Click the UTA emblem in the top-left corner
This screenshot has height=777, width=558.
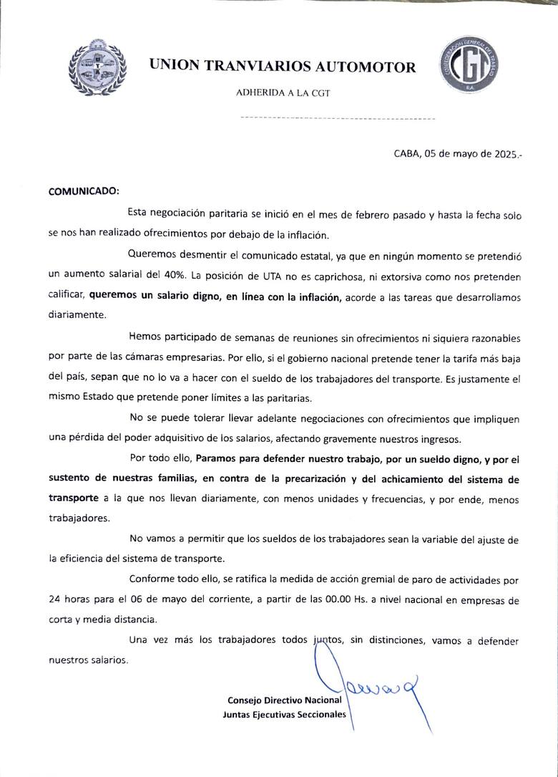97,67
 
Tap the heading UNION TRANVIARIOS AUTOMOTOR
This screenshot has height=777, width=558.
282,67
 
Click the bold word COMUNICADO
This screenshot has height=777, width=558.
84,192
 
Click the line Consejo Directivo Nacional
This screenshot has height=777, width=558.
284,700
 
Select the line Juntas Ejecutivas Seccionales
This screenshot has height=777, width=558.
284,715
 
